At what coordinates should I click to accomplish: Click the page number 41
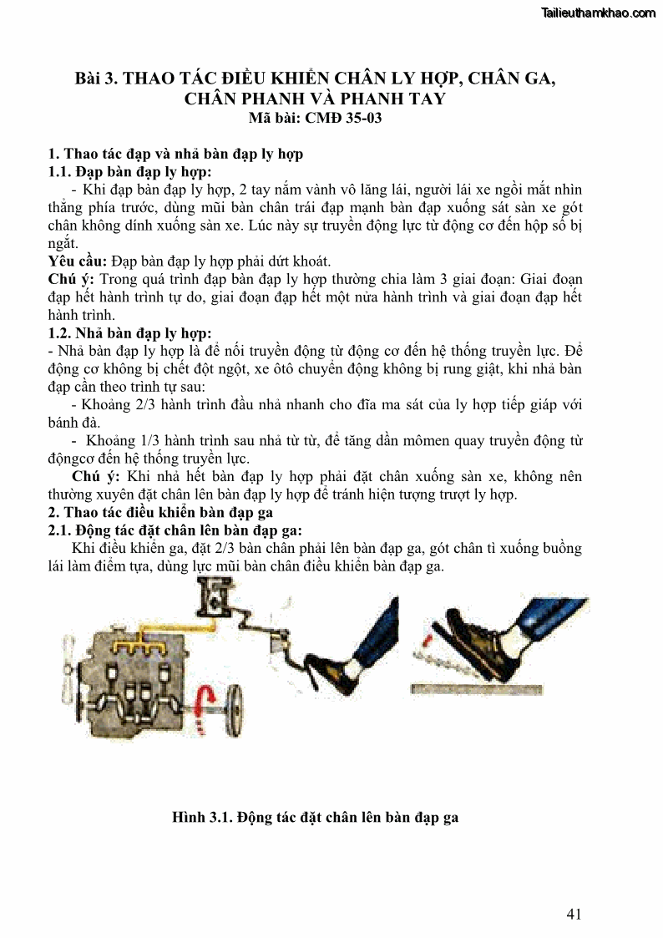coord(573,914)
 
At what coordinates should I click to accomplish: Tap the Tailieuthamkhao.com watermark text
coord(599,13)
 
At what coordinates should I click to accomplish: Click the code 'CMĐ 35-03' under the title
coord(346,118)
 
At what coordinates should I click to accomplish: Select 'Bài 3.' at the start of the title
coord(97,79)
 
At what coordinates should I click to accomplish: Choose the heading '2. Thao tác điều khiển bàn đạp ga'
coord(160,512)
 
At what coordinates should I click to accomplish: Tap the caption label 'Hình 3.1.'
coord(202,817)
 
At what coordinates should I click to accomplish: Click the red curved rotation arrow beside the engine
coord(202,707)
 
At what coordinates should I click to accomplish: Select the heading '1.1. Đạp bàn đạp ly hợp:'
coord(128,172)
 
